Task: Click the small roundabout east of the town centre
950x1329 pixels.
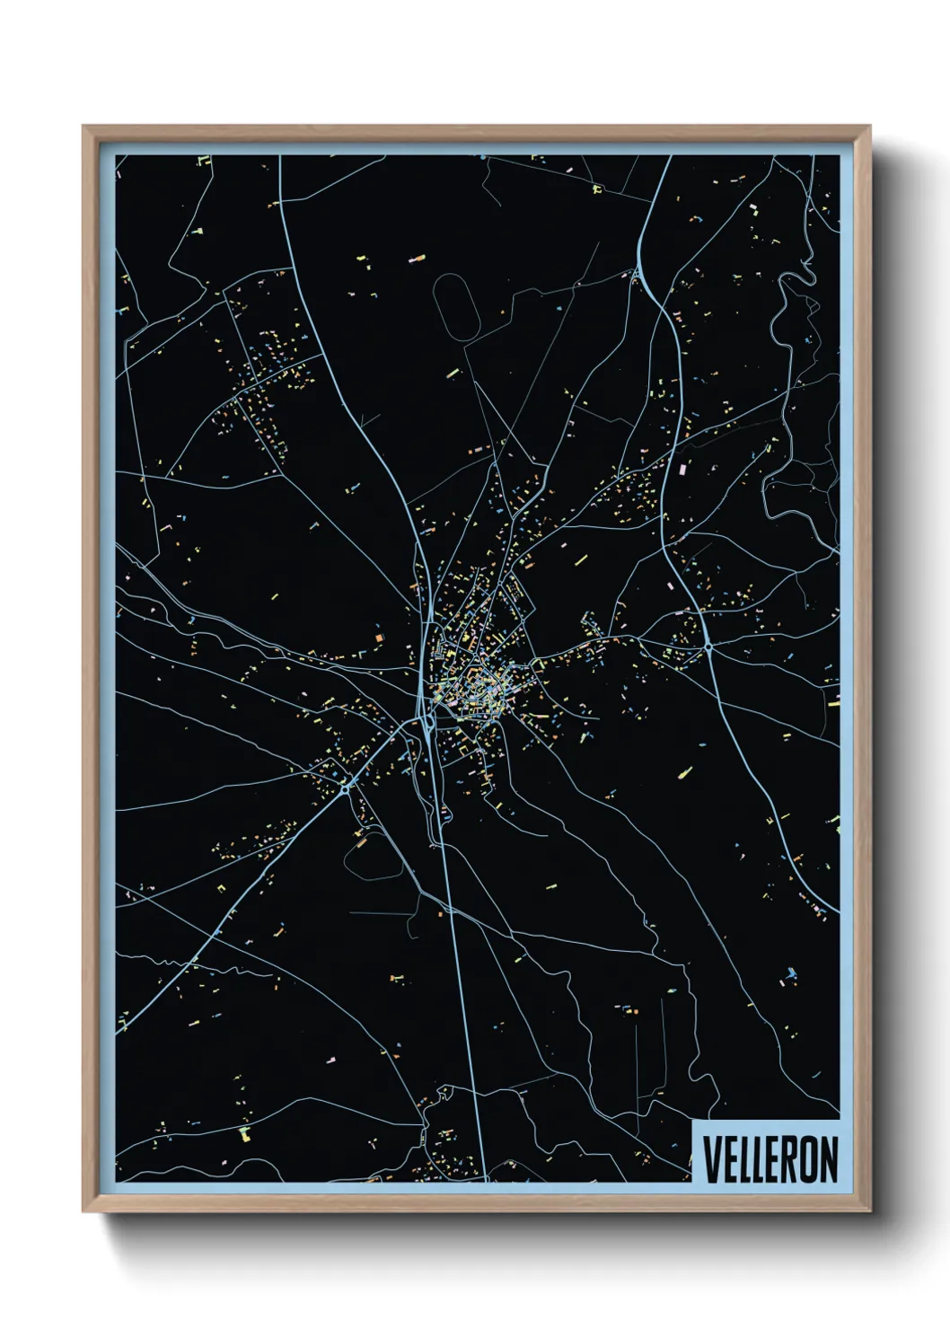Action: [708, 646]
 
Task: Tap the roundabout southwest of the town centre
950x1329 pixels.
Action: [346, 789]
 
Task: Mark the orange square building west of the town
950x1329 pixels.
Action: [379, 637]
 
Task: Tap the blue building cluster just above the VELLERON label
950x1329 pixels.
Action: [790, 973]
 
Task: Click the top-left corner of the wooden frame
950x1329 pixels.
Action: [84, 128]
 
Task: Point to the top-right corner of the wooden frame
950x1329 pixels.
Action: [869, 128]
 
